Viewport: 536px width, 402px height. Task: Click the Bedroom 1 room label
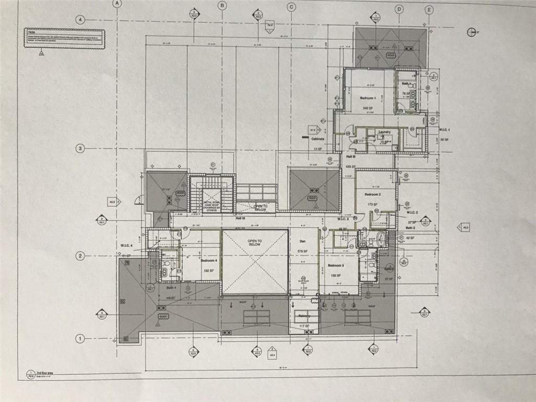click(367, 98)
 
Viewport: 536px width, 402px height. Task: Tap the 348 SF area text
click(368, 108)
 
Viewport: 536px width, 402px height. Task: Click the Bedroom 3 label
click(336, 265)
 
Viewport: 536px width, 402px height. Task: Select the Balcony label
click(304, 316)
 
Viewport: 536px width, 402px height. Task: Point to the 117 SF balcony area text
click(304, 326)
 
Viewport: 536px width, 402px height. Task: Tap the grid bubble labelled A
click(117, 3)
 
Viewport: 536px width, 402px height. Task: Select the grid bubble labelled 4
click(80, 20)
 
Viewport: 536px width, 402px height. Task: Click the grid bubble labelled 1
click(80, 338)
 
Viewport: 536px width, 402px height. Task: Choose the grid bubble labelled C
click(291, 6)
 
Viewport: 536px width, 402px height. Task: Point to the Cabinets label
click(318, 139)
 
